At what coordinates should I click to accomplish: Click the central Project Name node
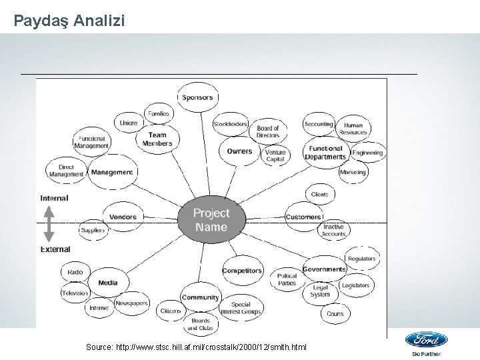[211, 219]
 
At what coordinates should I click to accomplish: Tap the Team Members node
[157, 138]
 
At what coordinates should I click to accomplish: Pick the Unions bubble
[129, 123]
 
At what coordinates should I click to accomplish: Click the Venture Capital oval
[275, 155]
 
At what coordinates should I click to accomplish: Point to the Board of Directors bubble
[267, 131]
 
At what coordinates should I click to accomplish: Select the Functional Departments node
[325, 153]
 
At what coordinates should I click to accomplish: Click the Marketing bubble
[353, 172]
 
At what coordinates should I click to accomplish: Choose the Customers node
[303, 217]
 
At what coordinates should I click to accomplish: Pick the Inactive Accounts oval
[333, 231]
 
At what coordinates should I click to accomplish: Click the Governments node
[325, 269]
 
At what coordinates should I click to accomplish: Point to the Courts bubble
[335, 313]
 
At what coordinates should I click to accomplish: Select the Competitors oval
[242, 271]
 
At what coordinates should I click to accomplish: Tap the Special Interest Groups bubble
[241, 308]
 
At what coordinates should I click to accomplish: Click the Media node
[107, 283]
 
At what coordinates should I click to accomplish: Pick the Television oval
[75, 293]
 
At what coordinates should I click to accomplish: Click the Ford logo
[426, 340]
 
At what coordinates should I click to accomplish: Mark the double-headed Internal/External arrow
[49, 224]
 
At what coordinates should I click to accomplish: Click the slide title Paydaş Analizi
[68, 21]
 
